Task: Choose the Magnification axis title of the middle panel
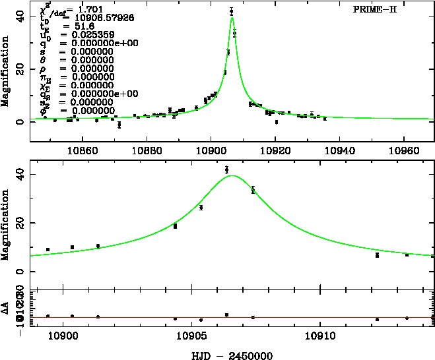(x=6, y=222)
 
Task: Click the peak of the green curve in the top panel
(x=232, y=17)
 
